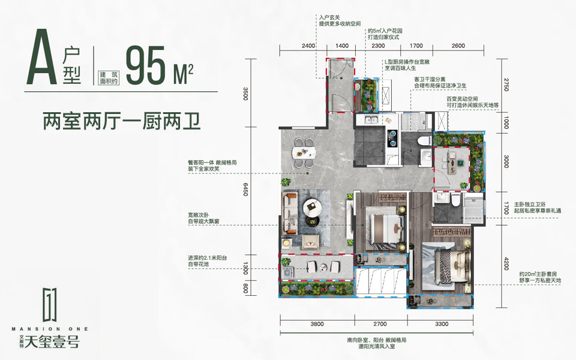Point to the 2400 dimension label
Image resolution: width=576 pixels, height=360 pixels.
pyautogui.click(x=308, y=46)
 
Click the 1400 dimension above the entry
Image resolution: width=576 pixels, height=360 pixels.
pyautogui.click(x=342, y=46)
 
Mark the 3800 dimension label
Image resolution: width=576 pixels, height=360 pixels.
pyautogui.click(x=317, y=325)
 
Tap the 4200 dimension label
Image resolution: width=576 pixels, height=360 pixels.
pyautogui.click(x=506, y=263)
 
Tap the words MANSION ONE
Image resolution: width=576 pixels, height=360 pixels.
pyautogui.click(x=49, y=329)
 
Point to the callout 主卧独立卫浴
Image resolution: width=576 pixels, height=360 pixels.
pyautogui.click(x=538, y=205)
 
